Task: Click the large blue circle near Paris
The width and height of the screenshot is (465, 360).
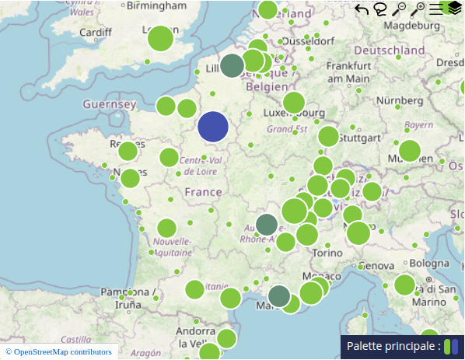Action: point(213,128)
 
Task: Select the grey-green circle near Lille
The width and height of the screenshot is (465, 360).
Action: point(232,65)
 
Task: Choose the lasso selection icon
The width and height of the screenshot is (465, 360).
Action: point(380,9)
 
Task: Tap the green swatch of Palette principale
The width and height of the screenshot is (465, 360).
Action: point(447,346)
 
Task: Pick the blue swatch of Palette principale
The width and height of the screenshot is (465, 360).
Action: point(456,346)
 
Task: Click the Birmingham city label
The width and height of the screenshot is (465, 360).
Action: point(158,6)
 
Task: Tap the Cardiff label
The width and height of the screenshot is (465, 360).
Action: point(96,33)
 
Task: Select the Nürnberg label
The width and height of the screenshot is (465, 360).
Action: point(400,100)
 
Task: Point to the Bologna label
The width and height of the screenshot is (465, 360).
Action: point(428,264)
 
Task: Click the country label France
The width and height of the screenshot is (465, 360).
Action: point(204,192)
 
